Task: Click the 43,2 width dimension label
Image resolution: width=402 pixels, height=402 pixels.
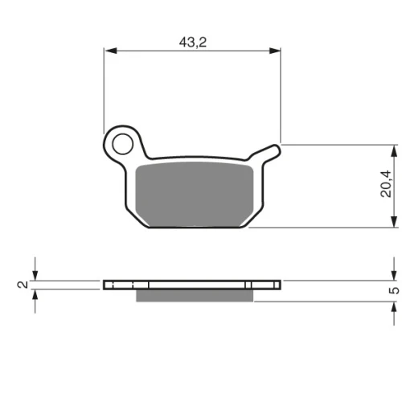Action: (x=193, y=43)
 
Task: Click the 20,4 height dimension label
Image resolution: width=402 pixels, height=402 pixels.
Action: (x=386, y=184)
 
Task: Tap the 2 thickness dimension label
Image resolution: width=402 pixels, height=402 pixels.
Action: (x=23, y=285)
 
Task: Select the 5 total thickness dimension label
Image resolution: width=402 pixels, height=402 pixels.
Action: (x=394, y=290)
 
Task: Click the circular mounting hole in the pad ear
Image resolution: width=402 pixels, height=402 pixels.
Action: (x=122, y=144)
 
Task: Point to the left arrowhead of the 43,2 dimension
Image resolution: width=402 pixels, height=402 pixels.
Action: (x=111, y=51)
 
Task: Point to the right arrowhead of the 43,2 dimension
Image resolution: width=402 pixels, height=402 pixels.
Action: (x=275, y=51)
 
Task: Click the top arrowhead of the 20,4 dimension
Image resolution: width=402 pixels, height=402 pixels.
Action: (x=394, y=151)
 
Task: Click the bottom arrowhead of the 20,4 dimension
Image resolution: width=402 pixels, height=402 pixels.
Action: (x=394, y=221)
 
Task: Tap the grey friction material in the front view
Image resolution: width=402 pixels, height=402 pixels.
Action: (x=195, y=195)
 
